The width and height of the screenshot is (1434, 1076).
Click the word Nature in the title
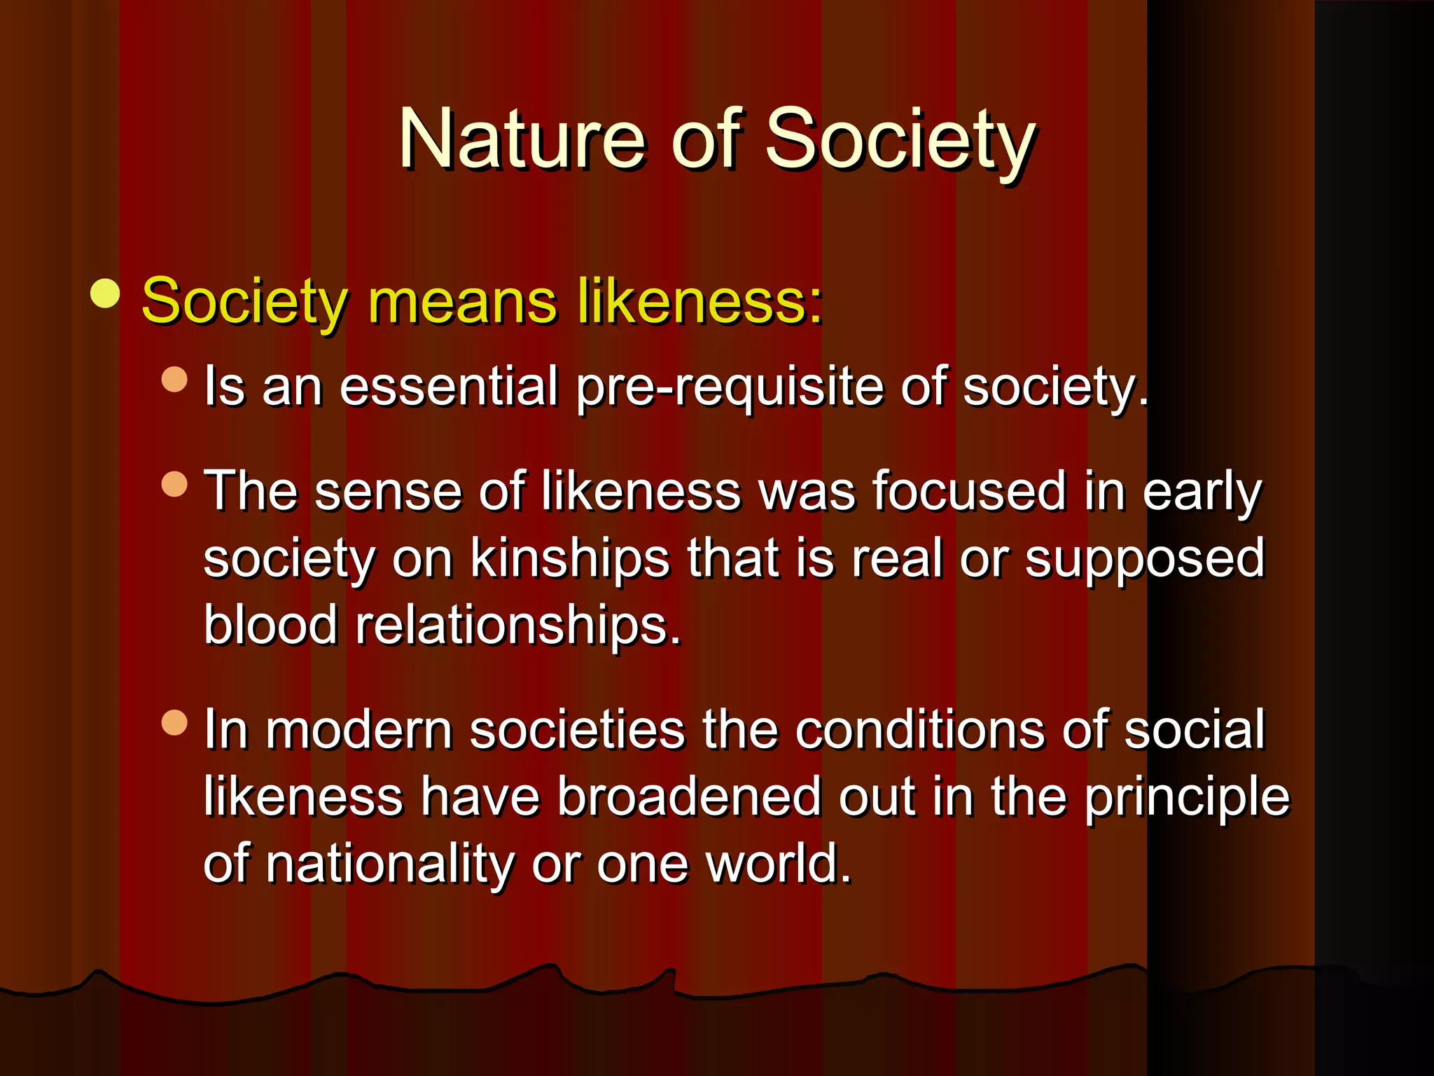tap(521, 140)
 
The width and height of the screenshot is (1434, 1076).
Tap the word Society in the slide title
tap(900, 140)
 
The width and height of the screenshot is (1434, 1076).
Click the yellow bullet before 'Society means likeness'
tap(105, 294)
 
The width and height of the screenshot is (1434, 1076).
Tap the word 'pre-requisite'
tap(730, 387)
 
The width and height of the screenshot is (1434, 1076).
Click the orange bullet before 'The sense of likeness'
tap(174, 484)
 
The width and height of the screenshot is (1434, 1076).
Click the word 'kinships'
tap(569, 558)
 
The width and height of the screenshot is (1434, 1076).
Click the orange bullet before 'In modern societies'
tap(174, 722)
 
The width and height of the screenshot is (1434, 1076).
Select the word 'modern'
tap(358, 730)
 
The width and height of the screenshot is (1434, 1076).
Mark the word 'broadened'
tap(689, 797)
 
